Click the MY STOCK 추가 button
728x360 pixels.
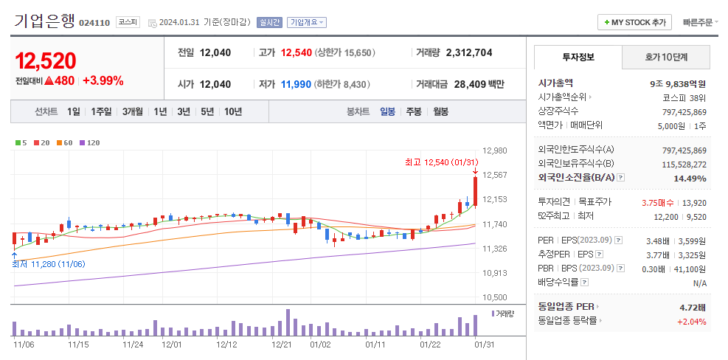tap(634, 22)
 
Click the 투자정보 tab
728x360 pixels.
tap(578, 57)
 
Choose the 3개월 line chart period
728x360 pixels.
tap(133, 111)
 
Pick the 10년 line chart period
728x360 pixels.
tap(232, 111)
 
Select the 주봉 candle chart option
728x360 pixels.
tap(414, 111)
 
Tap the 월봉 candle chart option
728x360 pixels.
tap(440, 111)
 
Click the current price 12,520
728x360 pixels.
tap(46, 60)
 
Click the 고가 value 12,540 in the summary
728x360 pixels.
tap(297, 52)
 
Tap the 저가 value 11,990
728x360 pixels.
tap(296, 84)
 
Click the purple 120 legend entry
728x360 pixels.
tap(90, 142)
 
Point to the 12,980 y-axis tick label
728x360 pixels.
tap(494, 150)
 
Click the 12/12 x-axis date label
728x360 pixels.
tap(226, 344)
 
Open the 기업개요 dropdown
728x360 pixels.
tap(306, 22)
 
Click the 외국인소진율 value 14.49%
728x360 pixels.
tap(690, 178)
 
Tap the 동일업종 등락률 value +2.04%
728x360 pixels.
tap(691, 321)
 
